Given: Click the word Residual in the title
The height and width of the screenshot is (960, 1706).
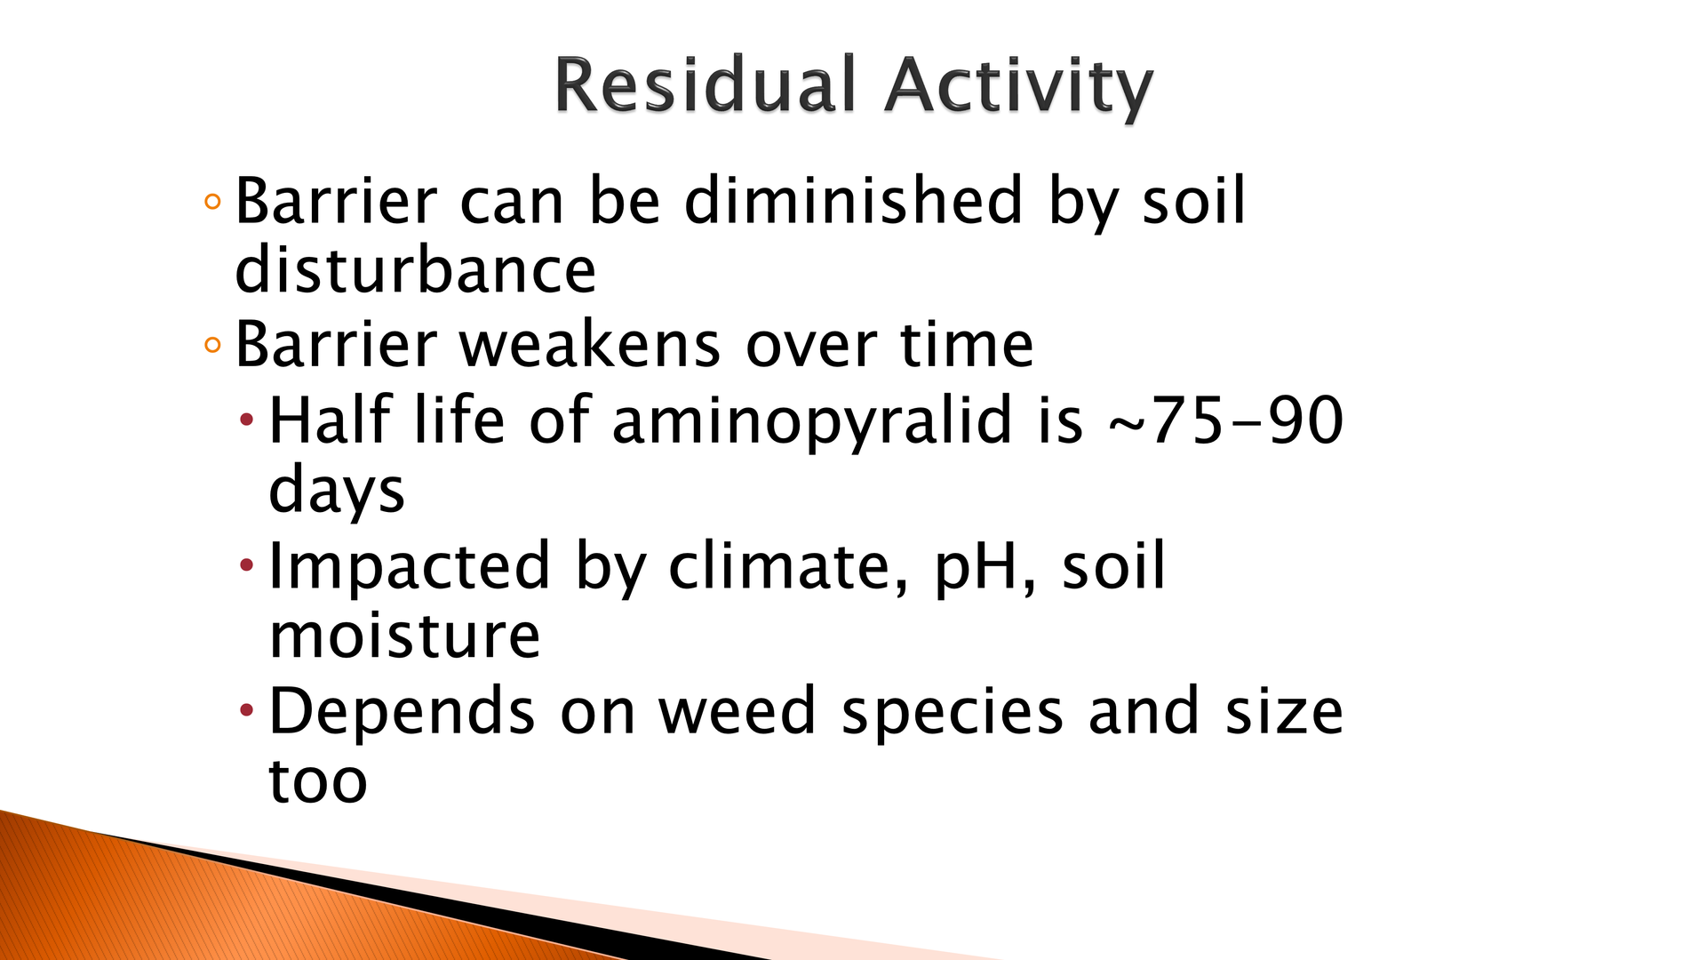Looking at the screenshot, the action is coord(704,85).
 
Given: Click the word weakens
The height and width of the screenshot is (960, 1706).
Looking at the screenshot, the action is coord(590,344).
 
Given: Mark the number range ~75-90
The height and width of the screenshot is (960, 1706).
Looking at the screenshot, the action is coord(1225,420).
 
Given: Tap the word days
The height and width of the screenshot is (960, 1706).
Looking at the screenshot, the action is coord(337,491).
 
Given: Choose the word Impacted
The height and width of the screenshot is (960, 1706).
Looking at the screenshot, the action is coord(409,567).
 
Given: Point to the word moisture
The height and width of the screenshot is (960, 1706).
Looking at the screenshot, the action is coord(404,636).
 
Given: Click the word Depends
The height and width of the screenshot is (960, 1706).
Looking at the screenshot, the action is coord(402,712).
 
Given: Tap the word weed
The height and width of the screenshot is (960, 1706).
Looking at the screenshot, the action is coord(737,710).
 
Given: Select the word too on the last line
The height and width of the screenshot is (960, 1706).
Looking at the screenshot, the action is coord(318,781).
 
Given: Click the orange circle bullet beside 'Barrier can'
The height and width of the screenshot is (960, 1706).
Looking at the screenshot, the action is coord(212,201).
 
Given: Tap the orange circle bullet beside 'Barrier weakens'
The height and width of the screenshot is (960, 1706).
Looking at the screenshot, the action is coord(212,345).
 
